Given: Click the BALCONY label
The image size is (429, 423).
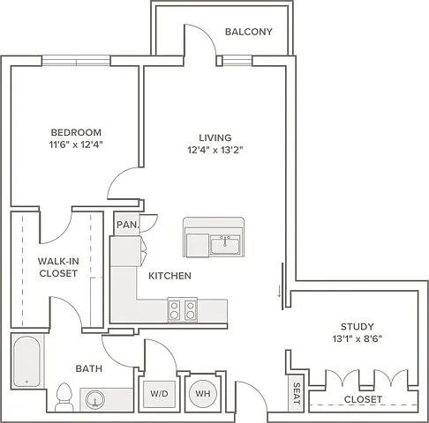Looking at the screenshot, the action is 249,32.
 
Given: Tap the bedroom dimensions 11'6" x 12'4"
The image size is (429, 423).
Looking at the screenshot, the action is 76,145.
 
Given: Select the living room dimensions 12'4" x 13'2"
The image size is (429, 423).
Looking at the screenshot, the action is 215,150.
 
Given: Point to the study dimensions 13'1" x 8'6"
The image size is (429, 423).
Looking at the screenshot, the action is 357,339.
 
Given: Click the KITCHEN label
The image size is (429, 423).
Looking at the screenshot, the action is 169,276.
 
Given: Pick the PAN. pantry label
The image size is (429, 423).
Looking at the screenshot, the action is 127,225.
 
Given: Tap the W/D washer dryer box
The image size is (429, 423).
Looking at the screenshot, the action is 159,394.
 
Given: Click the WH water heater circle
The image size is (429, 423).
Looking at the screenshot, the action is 203,393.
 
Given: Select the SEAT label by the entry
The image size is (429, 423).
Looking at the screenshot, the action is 297,393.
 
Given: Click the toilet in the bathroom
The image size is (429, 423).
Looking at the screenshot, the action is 64,397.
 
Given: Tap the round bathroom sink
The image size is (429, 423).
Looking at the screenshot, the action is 95,399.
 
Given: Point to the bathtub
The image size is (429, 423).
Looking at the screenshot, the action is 26,361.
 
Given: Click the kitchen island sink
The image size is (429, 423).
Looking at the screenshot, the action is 225,246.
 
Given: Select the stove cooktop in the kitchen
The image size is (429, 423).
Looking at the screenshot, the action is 183,310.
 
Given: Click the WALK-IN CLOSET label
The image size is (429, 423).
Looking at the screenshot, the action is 58,267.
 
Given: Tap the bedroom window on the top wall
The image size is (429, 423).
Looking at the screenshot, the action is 76,61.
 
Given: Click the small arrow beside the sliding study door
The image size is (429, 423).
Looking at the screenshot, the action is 279,292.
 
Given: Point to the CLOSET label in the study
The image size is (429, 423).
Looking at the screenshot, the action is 363,399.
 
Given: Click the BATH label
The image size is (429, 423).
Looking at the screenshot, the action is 89,368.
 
